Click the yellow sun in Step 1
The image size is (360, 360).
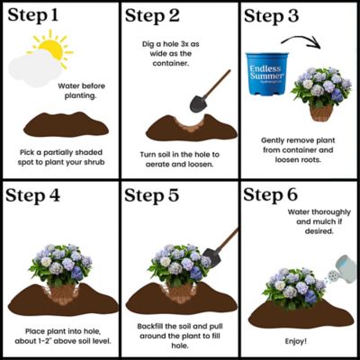(52, 49)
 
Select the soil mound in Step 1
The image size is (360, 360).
(59, 125)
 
